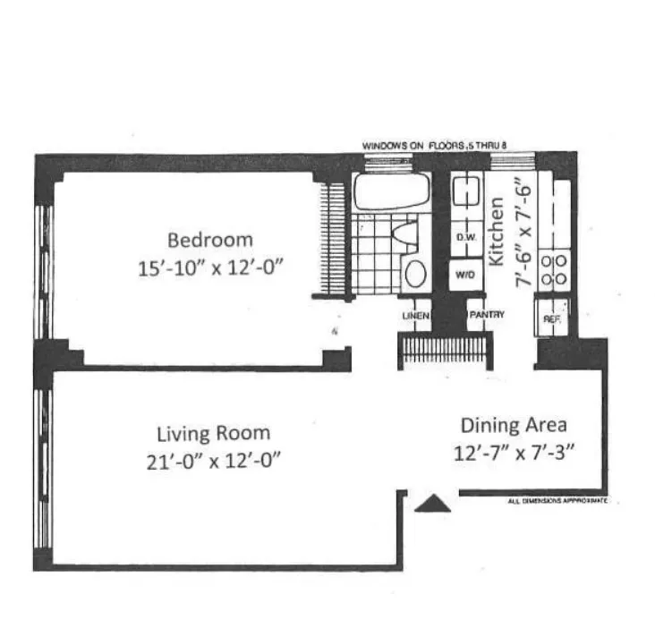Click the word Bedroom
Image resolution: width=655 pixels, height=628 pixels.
210,240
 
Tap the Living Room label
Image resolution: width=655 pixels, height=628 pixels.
213,434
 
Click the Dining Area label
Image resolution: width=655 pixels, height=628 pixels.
514,426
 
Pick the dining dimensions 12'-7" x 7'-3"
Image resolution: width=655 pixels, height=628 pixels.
514,452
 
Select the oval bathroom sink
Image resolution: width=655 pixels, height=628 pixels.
415,273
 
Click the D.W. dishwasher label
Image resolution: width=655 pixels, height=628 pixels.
464,238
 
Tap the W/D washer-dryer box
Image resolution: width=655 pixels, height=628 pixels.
464,275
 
